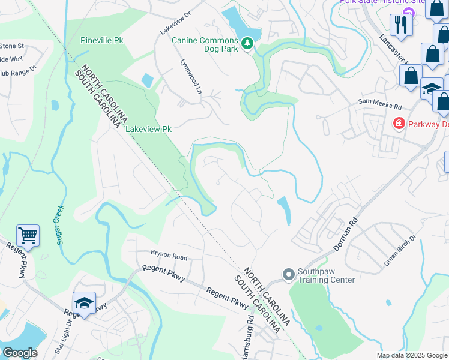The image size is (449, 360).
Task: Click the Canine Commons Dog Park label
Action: pos(205,41)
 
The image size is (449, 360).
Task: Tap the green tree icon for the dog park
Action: pos(247,43)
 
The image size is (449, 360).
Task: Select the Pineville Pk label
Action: pos(102,40)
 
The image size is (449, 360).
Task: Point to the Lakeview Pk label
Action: pos(148,129)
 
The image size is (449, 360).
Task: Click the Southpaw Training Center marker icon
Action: pos(288,274)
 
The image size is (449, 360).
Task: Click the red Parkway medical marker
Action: pos(398,124)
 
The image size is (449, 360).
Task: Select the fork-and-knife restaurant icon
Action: pos(400,25)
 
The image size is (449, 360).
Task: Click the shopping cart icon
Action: pos(28,235)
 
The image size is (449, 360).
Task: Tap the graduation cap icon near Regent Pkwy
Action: pos(85,302)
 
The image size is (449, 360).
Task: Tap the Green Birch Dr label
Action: pos(399,252)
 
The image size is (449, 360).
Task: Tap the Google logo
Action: pos(20,353)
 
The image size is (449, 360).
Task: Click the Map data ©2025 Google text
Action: pos(412,355)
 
